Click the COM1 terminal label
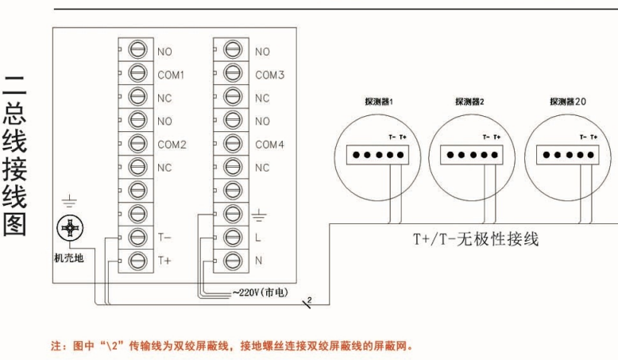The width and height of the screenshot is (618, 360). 171,75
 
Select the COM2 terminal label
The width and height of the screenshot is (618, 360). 171,145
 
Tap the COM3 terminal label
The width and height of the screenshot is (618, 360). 269,75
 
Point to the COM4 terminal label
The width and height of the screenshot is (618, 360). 269,145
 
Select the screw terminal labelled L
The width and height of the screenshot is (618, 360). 234,237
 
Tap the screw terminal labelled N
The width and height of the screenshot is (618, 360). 234,260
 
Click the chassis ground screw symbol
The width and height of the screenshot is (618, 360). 71,230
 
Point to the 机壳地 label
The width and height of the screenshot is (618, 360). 68,257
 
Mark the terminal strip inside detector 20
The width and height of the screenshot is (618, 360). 566,154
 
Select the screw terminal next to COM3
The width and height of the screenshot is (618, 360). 234,75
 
